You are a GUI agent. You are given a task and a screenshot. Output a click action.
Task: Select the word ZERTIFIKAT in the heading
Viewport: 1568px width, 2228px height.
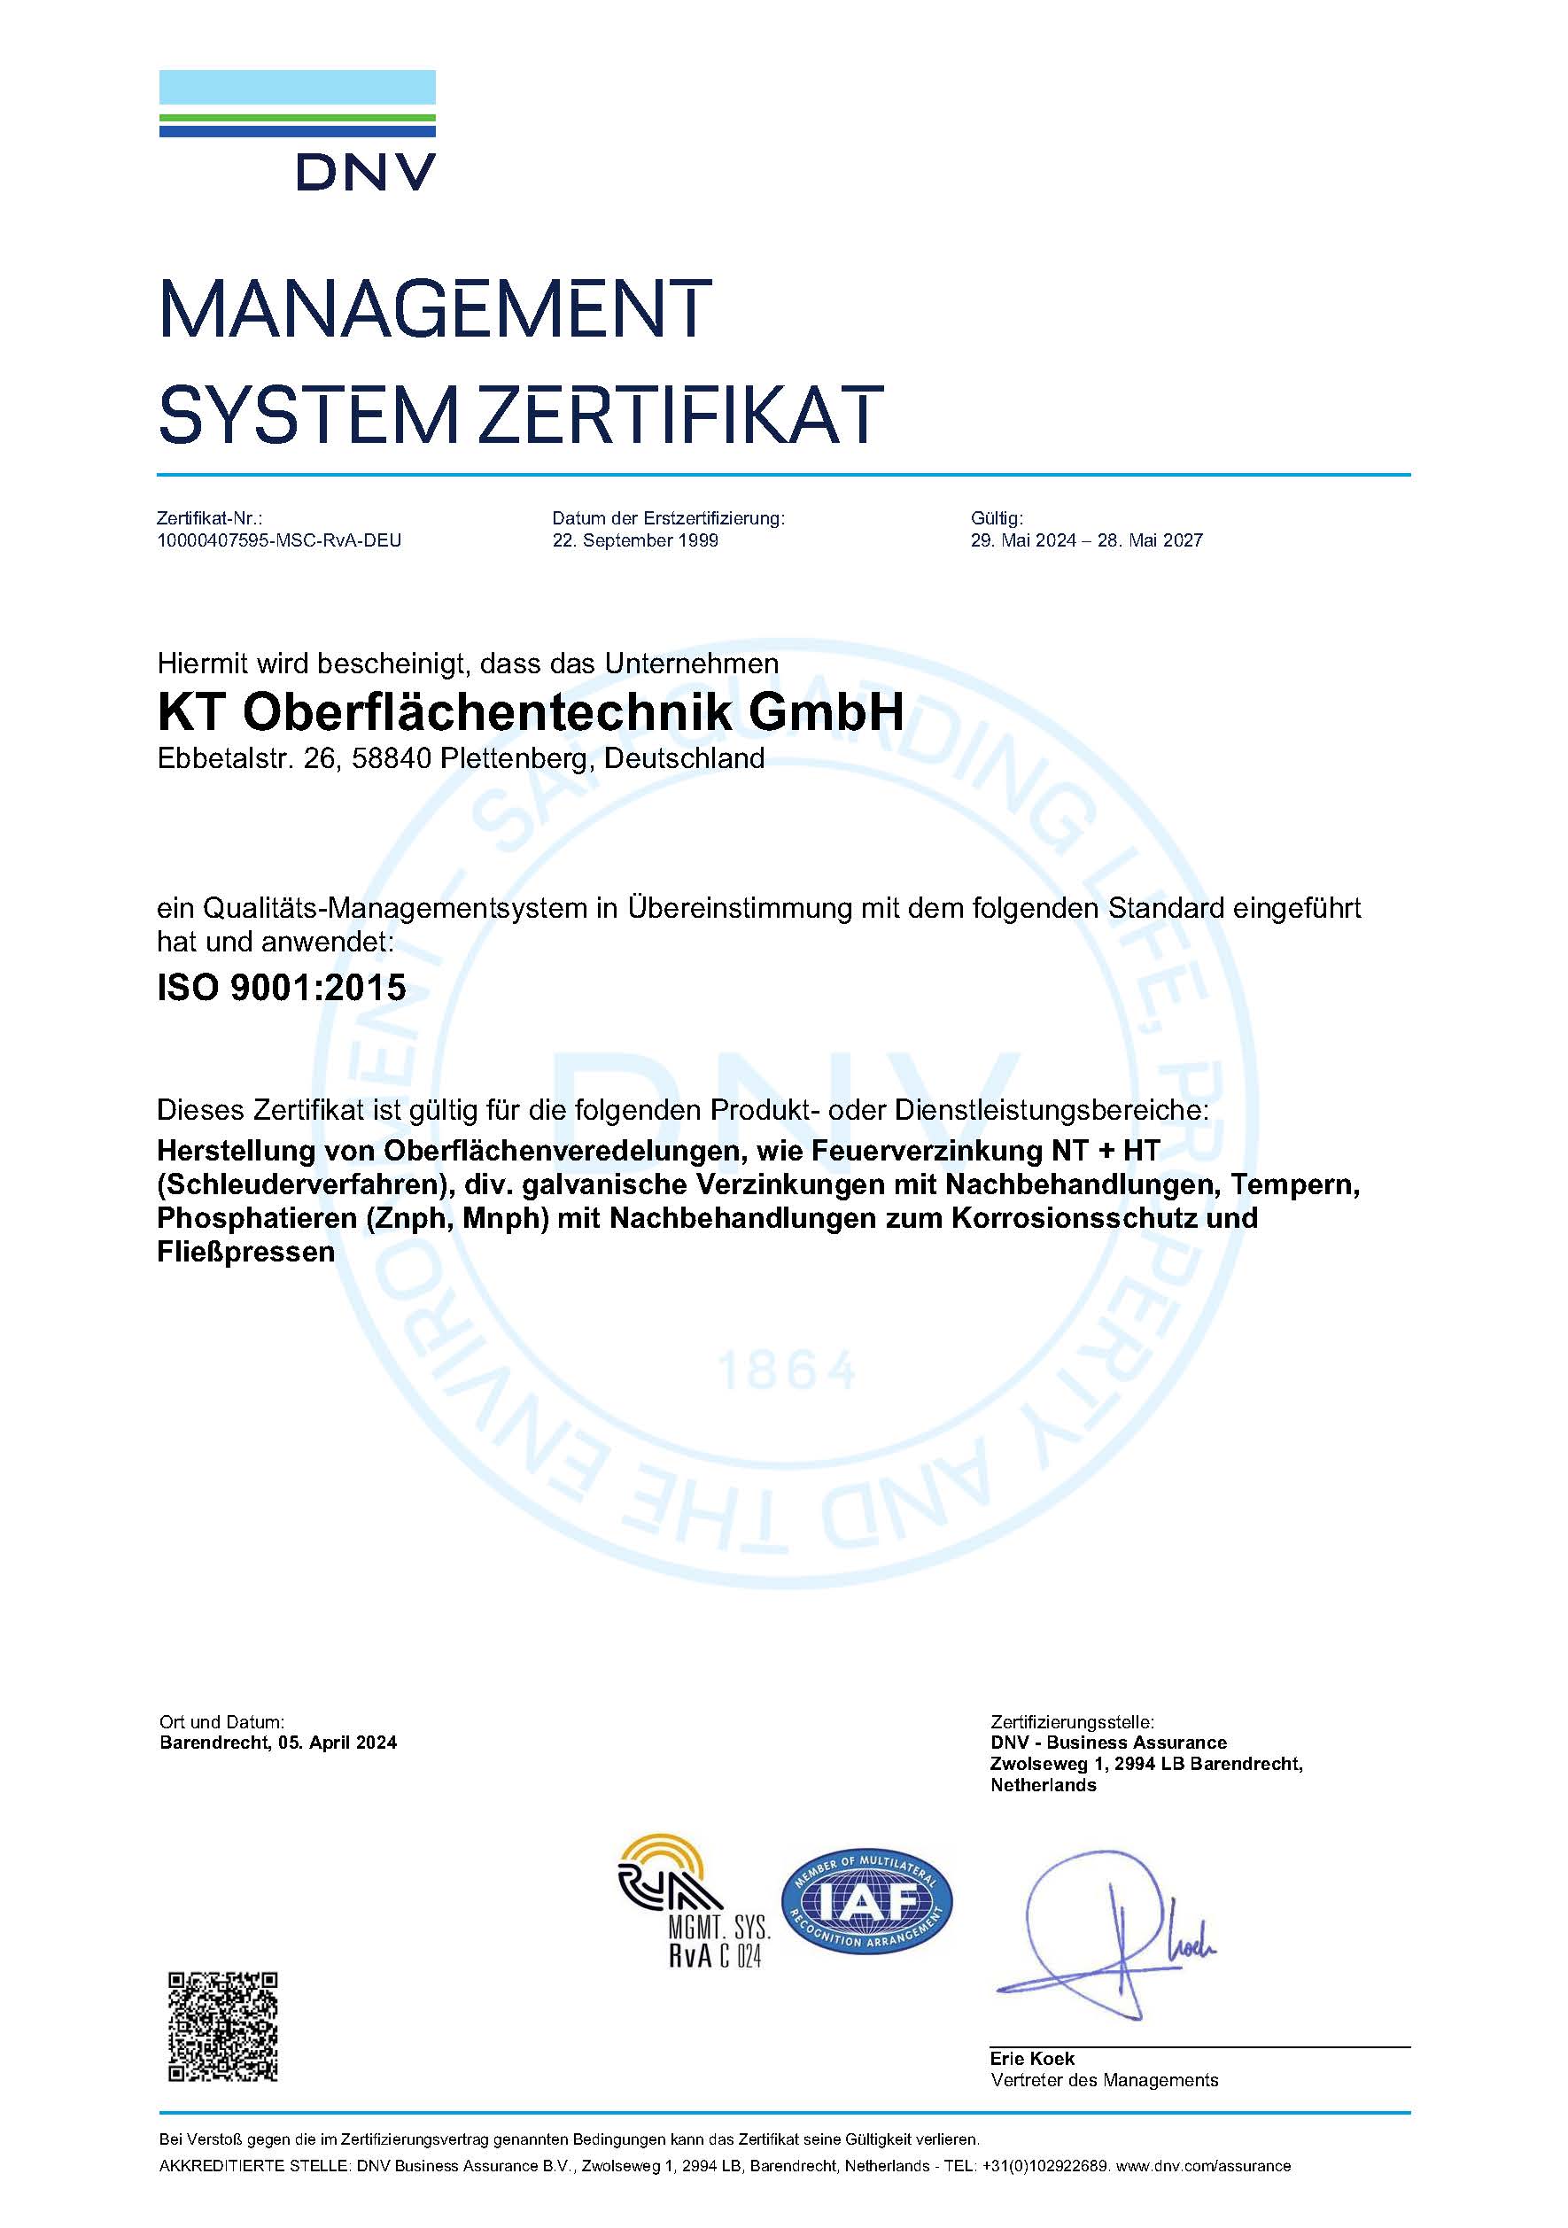tap(682, 415)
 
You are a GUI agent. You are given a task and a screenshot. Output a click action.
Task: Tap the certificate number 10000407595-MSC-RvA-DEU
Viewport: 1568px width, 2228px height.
tap(279, 540)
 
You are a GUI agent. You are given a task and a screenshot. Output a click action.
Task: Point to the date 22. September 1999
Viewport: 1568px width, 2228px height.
tap(634, 540)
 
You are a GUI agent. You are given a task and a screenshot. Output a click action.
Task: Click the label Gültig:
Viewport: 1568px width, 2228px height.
tap(997, 519)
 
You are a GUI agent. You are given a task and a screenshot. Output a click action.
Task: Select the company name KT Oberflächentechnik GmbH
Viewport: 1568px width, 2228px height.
tap(530, 713)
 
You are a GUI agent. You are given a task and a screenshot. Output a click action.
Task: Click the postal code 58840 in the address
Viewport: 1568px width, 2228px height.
tap(391, 759)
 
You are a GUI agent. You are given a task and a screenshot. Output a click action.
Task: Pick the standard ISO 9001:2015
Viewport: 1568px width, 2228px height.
tap(282, 988)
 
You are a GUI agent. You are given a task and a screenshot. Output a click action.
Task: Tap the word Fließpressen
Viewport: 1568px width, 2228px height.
tap(245, 1252)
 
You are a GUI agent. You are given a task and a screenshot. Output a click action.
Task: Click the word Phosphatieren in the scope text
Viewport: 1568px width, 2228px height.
tap(257, 1218)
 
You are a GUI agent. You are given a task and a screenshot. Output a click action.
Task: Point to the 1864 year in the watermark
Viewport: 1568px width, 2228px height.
tap(786, 1371)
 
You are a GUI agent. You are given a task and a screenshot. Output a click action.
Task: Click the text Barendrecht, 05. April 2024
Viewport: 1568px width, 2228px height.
tap(278, 1743)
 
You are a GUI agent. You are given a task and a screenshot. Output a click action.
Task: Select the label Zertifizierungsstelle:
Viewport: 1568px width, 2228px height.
tap(1072, 1722)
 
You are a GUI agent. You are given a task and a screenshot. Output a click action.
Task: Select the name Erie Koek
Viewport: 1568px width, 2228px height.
tap(1031, 2058)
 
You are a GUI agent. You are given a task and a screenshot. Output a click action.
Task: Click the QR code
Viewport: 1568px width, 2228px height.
tap(223, 2026)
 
